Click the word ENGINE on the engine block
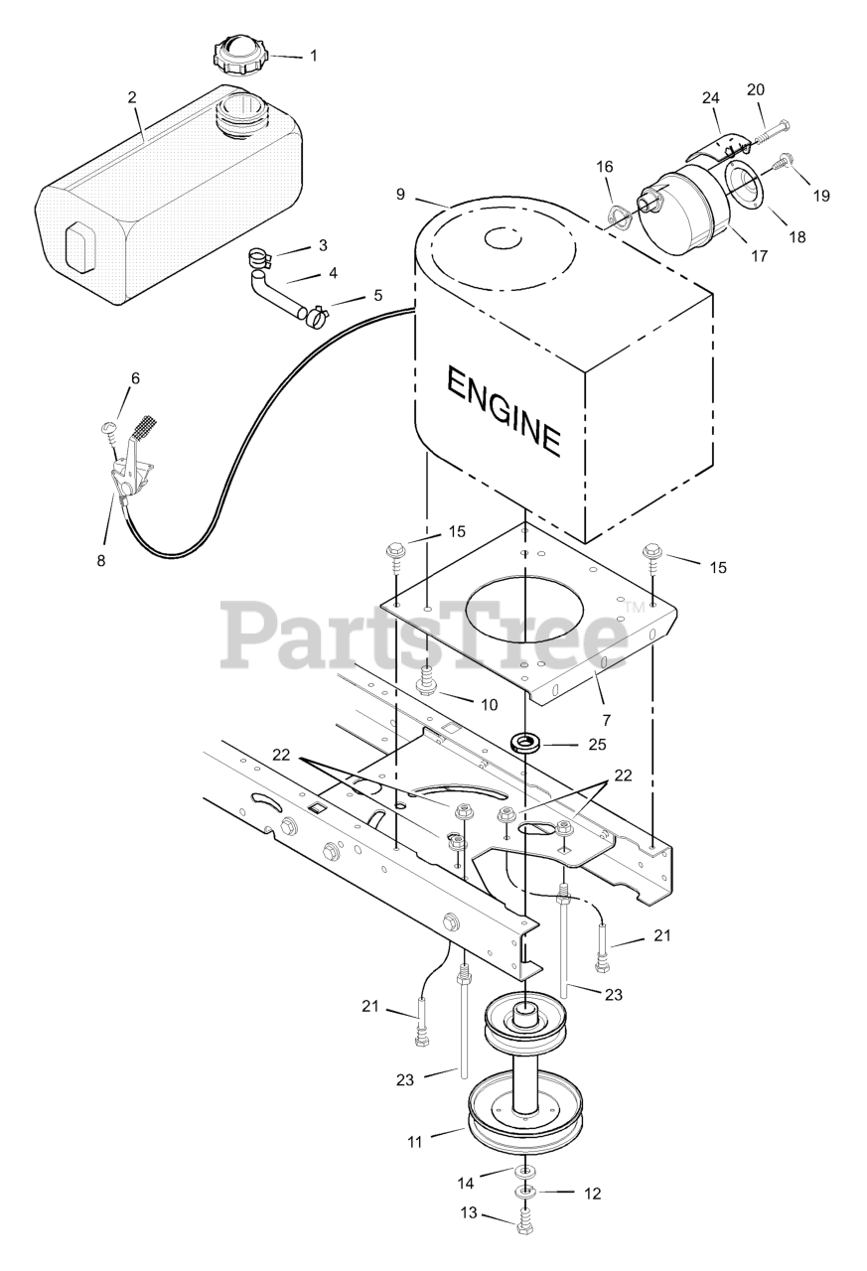click(504, 410)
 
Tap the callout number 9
click(400, 195)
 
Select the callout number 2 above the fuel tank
click(132, 97)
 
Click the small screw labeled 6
click(109, 428)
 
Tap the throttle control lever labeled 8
click(130, 467)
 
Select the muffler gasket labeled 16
click(616, 214)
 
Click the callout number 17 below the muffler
click(760, 256)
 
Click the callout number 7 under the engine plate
click(607, 718)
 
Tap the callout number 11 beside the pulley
click(414, 1143)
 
